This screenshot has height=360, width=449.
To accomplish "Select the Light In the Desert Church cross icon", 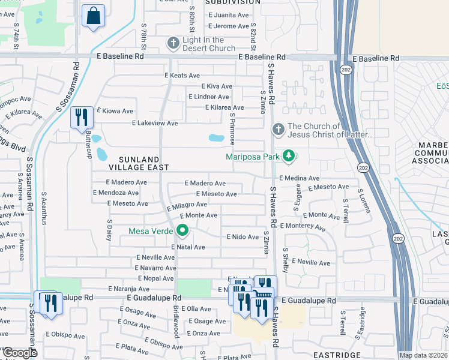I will point(173,44).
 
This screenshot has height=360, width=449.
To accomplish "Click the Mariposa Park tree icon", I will point(289,156).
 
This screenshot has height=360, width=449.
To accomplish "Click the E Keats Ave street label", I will point(182,76).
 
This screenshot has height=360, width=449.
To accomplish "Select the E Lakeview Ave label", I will point(155,123).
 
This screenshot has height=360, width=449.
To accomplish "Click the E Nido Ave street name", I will point(243,237).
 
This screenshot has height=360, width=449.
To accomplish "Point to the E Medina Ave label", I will point(300,178).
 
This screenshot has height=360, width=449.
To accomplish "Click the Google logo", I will point(20,353).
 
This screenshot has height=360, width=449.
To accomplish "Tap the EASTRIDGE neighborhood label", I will point(336,355).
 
